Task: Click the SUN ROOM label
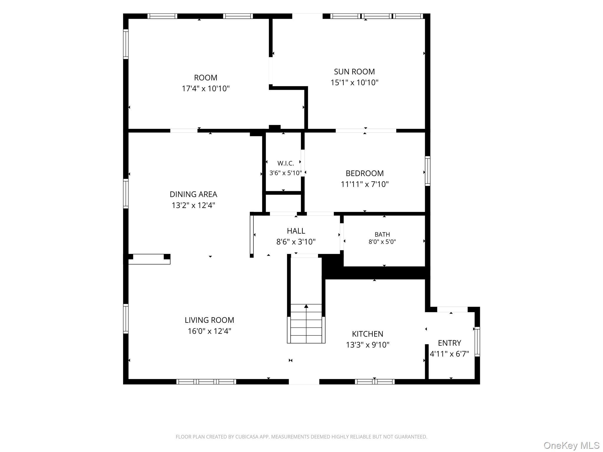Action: (354, 72)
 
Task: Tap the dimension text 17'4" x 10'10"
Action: (206, 88)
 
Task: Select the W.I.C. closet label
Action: (286, 163)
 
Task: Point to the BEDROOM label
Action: (365, 173)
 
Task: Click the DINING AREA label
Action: (193, 194)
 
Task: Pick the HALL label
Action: (296, 231)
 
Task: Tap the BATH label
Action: (382, 235)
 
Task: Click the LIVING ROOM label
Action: (209, 320)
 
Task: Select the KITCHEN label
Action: (367, 334)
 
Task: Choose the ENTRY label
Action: (449, 343)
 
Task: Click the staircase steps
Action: (306, 324)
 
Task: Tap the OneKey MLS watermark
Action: (571, 446)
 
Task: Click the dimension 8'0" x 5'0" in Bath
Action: (382, 242)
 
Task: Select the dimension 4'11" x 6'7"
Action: (449, 354)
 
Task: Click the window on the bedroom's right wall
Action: (428, 171)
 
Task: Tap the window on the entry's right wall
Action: (477, 342)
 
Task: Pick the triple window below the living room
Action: (206, 382)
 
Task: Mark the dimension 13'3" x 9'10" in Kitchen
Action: (367, 345)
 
